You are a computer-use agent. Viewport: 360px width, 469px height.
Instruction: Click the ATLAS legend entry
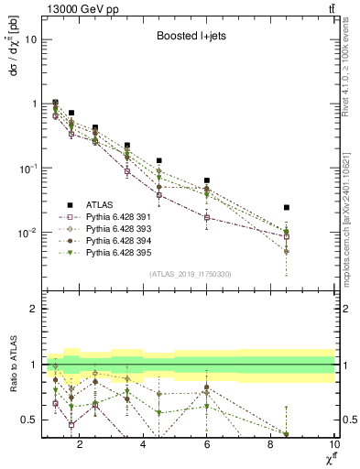point(101,205)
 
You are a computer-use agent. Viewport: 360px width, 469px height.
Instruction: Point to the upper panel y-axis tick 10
point(31,39)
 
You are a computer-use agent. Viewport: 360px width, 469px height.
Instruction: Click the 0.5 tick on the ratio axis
point(29,420)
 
